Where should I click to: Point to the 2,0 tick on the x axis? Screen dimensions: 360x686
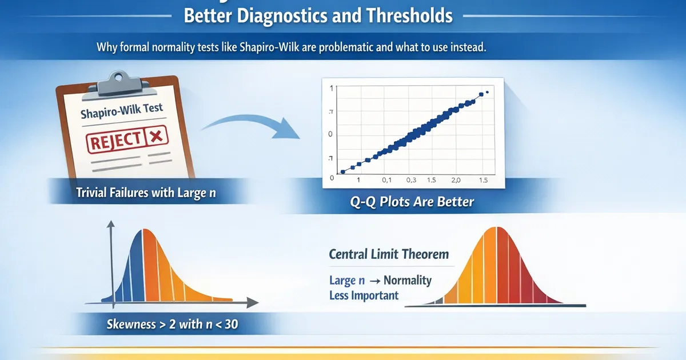coord(455,180)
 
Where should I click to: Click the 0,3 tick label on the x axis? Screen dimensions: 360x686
coord(412,180)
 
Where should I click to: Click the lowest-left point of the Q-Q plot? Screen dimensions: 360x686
coord(342,171)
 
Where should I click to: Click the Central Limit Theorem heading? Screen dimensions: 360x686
coord(389,254)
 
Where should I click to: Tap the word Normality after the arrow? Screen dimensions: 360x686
coord(408,281)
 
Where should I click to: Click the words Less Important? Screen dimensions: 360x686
coord(364,295)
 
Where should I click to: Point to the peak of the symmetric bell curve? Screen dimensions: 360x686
coord(496,229)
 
